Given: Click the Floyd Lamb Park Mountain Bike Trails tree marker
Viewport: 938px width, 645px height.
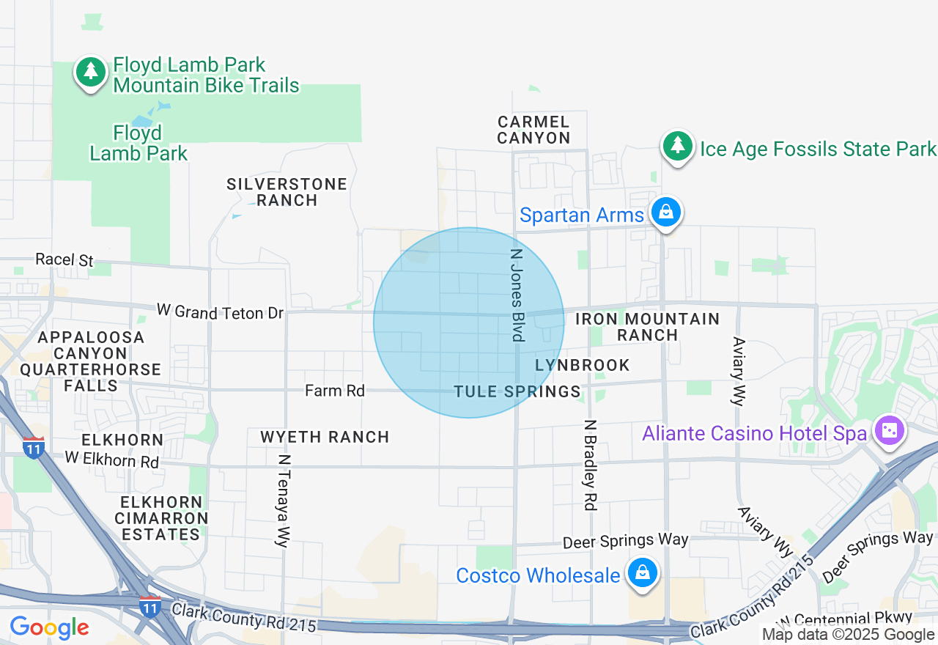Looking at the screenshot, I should (90, 71).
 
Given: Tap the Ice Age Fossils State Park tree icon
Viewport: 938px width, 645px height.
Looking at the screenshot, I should (678, 146).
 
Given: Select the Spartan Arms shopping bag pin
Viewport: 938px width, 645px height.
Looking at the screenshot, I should (666, 212).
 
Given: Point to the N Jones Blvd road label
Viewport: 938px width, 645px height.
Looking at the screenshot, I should (517, 294).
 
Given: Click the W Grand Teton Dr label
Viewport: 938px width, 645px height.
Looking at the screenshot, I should (220, 312).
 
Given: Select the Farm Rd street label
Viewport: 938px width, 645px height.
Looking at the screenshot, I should (335, 391).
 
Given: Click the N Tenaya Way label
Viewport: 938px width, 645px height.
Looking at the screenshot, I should (284, 501).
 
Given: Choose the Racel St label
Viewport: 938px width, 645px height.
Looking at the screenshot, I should (64, 260).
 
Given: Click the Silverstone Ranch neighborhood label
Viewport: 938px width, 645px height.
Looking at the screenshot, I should (287, 192).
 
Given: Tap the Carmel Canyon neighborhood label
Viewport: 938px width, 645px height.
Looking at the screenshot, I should (533, 130).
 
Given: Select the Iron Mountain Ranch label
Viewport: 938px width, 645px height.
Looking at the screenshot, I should (647, 327).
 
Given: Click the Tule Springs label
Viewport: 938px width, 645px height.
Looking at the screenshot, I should (517, 391).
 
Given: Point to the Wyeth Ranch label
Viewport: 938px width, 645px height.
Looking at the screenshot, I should (325, 437).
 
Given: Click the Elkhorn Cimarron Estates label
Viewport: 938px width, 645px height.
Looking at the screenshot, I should (161, 518).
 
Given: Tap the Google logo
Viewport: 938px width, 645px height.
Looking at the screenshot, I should (49, 628).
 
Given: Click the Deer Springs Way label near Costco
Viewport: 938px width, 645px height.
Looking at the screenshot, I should (625, 541).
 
